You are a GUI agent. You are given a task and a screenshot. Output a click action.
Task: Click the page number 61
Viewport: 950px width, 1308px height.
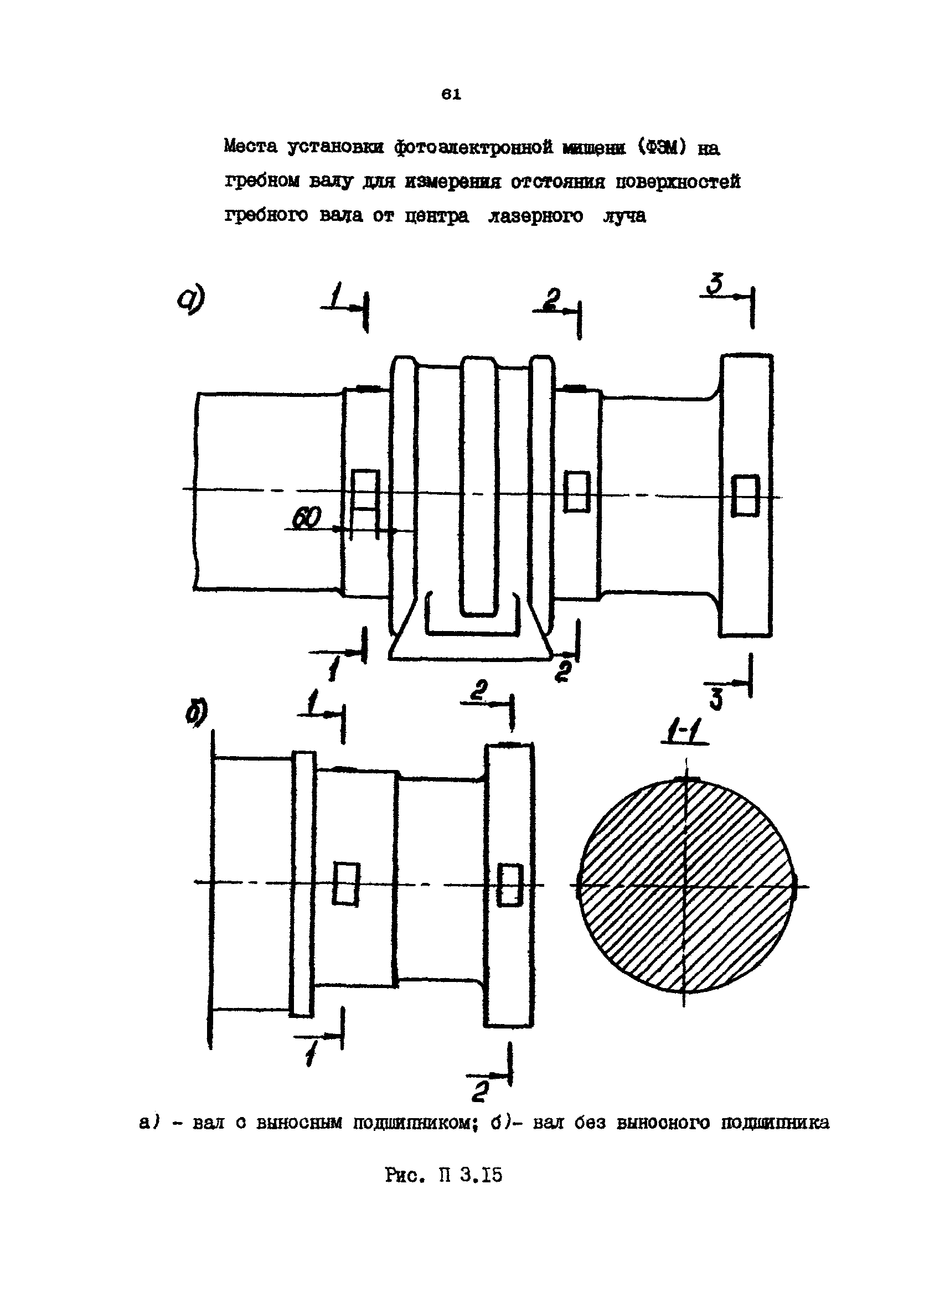point(451,95)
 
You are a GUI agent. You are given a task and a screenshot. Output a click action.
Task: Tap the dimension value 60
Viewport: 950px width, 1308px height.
point(306,520)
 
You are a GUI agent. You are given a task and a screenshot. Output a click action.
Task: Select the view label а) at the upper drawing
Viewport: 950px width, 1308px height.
point(192,301)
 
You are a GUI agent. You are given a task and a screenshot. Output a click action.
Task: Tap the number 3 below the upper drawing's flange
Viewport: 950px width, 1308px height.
point(716,700)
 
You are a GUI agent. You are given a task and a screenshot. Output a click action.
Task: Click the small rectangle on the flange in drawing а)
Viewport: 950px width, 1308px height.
point(745,495)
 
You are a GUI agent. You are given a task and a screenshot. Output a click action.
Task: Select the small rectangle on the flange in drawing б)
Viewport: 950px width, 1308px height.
point(510,884)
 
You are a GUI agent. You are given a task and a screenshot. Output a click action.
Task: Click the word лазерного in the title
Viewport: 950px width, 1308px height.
point(535,216)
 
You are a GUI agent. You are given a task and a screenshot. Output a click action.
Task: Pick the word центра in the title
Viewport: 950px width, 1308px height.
point(437,216)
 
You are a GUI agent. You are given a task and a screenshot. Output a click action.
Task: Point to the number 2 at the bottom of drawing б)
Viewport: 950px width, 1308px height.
point(481,1090)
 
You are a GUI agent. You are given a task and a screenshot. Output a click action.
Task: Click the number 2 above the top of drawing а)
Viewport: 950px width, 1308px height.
point(551,299)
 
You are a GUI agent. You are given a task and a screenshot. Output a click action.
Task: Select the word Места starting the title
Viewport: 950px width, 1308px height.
point(251,147)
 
